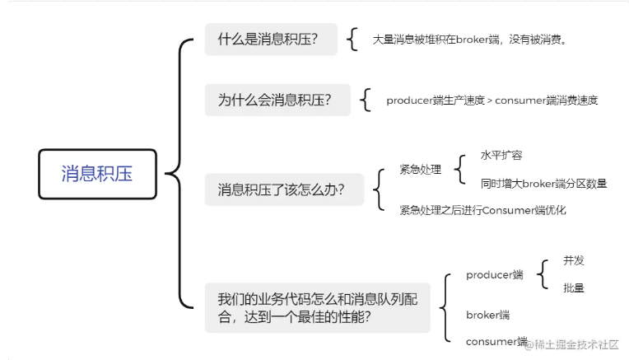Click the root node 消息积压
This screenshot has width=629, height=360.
click(97, 174)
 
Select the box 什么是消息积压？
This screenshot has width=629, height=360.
click(271, 40)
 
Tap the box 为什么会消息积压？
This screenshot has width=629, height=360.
click(277, 101)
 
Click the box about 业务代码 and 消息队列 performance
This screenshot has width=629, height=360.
click(317, 307)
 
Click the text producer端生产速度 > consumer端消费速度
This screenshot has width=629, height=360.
click(492, 101)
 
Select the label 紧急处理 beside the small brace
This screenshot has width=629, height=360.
click(420, 170)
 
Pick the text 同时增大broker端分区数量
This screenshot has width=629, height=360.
click(543, 184)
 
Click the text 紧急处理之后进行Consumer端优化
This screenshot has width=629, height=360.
click(482, 210)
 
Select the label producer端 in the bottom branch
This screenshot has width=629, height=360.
click(494, 274)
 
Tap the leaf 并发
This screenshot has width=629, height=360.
click(574, 260)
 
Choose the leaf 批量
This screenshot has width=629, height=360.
click(574, 288)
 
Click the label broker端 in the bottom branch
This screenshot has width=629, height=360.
click(487, 315)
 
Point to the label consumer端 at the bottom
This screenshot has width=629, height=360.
click(496, 341)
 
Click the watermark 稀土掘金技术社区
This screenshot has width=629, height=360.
click(576, 344)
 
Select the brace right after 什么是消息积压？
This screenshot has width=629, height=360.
click(353, 40)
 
